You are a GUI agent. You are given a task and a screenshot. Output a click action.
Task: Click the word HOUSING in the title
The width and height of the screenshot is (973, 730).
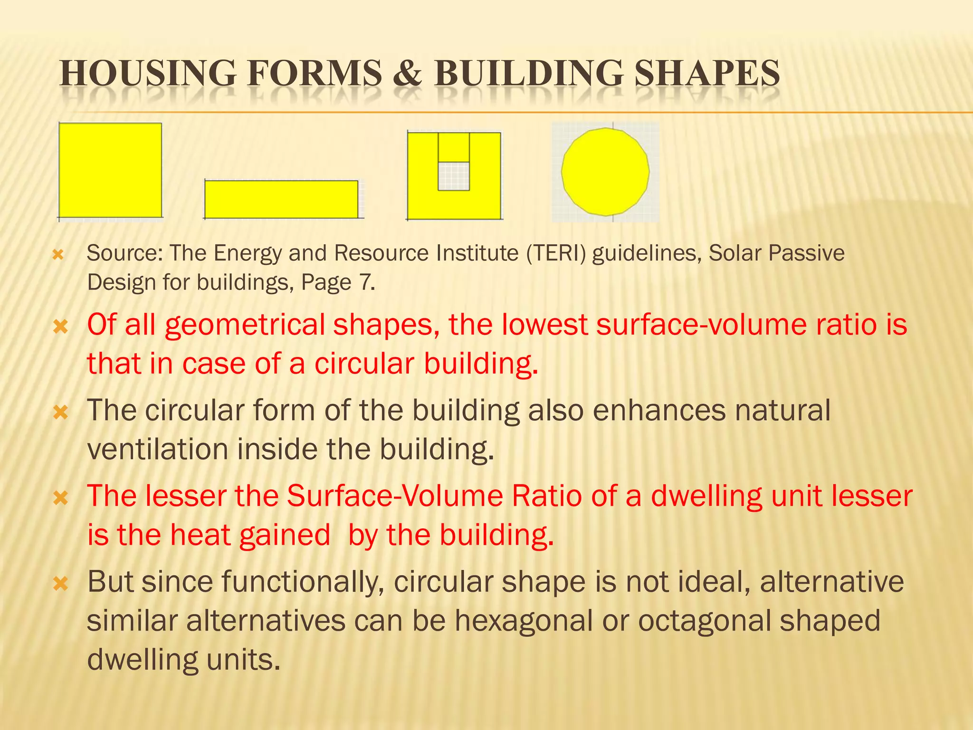click(148, 74)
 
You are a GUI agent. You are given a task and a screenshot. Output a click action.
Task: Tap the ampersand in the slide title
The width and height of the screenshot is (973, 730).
click(408, 74)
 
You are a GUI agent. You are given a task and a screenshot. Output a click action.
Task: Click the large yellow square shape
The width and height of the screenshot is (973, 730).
click(110, 170)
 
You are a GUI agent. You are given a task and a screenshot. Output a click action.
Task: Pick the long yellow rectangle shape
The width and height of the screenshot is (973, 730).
click(281, 199)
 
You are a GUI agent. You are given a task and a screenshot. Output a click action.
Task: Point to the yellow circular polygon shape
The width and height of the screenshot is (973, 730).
click(605, 172)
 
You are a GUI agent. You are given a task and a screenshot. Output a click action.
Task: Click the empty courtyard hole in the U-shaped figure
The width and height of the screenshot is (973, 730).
click(454, 176)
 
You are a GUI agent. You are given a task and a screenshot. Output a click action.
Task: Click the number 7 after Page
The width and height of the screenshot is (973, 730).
click(365, 282)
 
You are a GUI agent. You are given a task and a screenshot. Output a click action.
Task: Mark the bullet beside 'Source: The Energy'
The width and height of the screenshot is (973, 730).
click(58, 255)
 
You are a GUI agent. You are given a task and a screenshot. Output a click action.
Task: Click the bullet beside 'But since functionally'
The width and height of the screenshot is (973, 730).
click(61, 584)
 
